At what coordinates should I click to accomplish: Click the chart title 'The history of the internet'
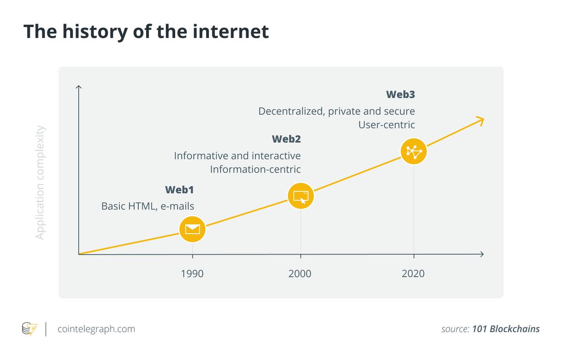146,31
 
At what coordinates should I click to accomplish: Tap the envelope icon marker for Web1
192,229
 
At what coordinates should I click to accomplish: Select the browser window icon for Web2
300,196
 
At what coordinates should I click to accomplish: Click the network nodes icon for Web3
414,151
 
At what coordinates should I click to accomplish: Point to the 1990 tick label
192,273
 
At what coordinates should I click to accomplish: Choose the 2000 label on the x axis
300,273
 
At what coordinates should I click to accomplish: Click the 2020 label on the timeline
413,273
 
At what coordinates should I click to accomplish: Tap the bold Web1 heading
179,190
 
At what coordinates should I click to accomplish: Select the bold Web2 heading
286,139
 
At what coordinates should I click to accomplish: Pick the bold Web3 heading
400,95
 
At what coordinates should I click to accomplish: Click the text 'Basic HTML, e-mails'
148,206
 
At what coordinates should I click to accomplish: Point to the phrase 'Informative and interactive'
237,155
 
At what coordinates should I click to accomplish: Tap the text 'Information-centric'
255,169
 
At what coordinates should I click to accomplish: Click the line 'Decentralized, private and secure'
337,111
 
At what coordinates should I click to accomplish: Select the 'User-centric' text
386,125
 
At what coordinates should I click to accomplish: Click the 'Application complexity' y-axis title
40,182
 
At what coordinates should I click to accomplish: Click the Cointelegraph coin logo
29,329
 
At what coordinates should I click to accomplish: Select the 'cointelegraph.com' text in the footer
96,329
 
